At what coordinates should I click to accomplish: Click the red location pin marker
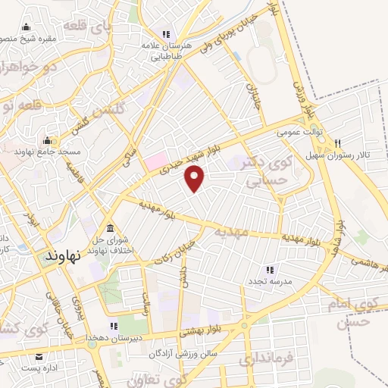pyautogui.click(x=196, y=177)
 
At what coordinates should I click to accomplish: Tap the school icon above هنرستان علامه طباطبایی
pyautogui.click(x=165, y=34)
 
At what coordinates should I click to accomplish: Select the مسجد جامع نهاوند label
pyautogui.click(x=44, y=151)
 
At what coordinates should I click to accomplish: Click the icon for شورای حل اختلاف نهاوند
pyautogui.click(x=111, y=229)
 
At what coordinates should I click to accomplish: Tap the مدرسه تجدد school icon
pyautogui.click(x=268, y=270)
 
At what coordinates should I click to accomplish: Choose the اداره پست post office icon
pyautogui.click(x=38, y=356)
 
